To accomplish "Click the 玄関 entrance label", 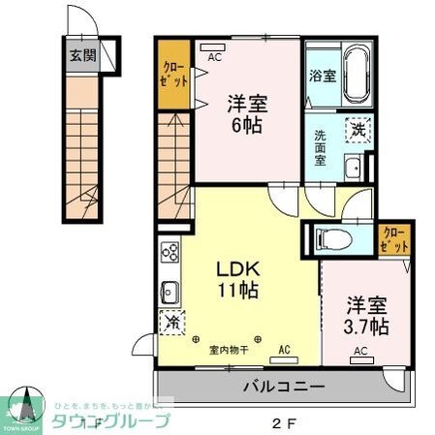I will click(x=81, y=55).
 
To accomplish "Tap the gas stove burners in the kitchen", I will click(x=170, y=253).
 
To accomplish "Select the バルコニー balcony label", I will click(x=283, y=388).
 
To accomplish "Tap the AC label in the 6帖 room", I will click(x=215, y=57).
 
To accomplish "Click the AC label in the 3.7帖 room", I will click(x=359, y=351).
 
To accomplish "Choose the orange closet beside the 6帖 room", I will click(x=174, y=73).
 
